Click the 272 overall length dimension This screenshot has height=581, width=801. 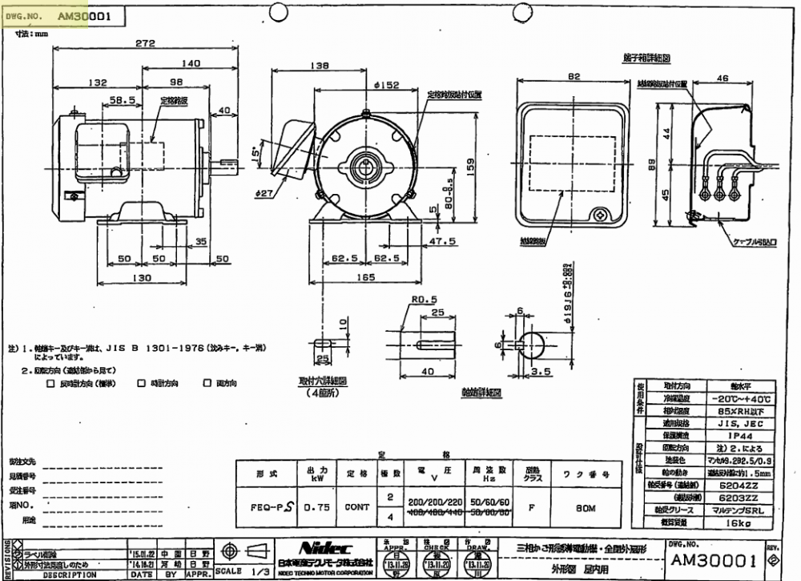145,44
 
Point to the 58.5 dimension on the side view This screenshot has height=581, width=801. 121,101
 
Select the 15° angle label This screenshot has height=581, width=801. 256,151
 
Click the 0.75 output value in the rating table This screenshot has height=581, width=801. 313,506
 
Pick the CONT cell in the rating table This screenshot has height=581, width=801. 357,506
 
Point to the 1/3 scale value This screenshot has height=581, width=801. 260,571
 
